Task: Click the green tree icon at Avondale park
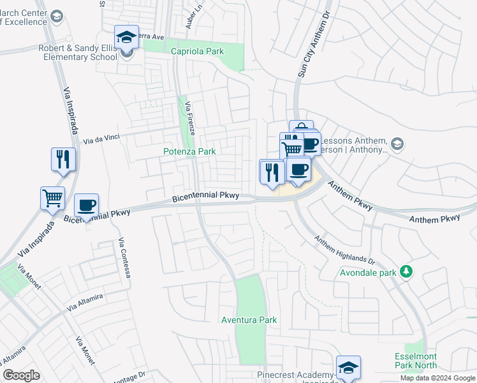pyautogui.click(x=406, y=272)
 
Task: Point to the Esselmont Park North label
pyautogui.click(x=415, y=360)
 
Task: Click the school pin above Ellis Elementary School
pyautogui.click(x=126, y=37)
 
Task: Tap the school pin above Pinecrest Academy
pyautogui.click(x=348, y=368)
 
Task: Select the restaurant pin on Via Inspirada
pyautogui.click(x=63, y=159)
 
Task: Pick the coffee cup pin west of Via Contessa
pyautogui.click(x=86, y=206)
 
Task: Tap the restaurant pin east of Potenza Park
pyautogui.click(x=272, y=172)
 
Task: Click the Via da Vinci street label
pyautogui.click(x=102, y=139)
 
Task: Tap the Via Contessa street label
pyautogui.click(x=125, y=258)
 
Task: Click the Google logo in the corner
pyautogui.click(x=21, y=375)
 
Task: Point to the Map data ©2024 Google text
pyautogui.click(x=437, y=378)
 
